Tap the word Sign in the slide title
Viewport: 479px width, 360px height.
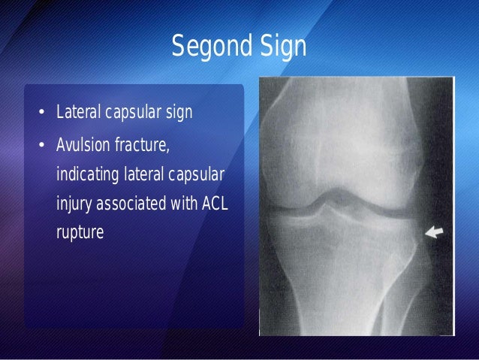[282, 47]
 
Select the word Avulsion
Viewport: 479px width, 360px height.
[83, 144]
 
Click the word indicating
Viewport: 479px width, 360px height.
[86, 174]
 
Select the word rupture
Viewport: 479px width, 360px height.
[80, 233]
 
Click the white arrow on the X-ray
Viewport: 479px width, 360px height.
[435, 234]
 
